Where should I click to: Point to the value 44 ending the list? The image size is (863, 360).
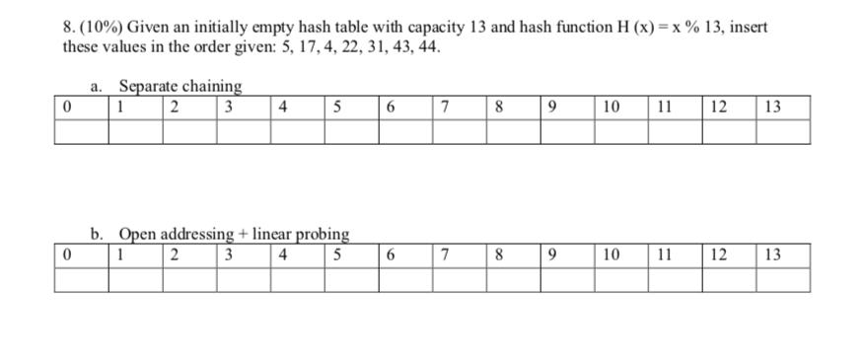pos(444,46)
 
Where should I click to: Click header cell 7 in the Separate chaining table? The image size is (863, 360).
pos(446,108)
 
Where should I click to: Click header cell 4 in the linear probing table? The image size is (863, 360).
pos(284,254)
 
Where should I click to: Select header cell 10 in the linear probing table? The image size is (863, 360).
pos(611,254)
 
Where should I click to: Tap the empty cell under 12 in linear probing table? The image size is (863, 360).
pos(729,280)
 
